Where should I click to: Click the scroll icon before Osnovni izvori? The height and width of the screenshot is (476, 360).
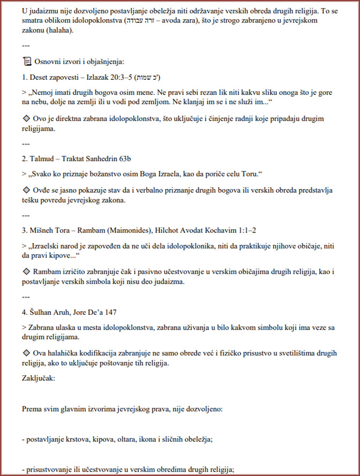pyautogui.click(x=27, y=62)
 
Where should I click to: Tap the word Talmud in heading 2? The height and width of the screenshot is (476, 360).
pyautogui.click(x=42, y=159)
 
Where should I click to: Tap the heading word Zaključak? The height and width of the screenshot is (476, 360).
pyautogui.click(x=38, y=378)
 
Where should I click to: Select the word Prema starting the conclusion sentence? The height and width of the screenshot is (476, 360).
pyautogui.click(x=33, y=409)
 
